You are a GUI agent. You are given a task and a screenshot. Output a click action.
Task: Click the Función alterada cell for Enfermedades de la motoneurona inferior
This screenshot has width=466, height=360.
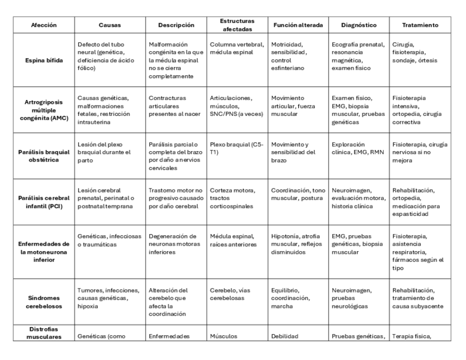coord(296,244)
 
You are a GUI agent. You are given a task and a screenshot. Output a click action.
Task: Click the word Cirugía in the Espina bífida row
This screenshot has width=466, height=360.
coord(404,45)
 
